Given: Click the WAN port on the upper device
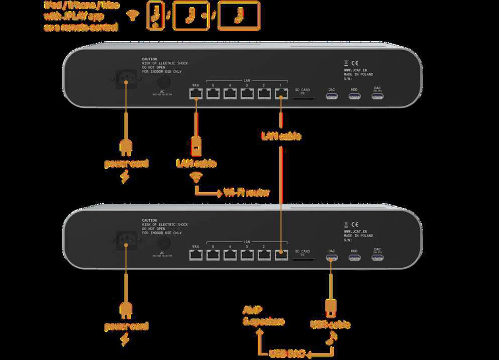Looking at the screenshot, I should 196,94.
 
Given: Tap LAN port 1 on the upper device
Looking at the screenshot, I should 281,94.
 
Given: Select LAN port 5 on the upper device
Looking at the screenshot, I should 213,94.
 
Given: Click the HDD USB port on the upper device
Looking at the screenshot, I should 354,96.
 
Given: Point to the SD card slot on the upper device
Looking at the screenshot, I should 303,98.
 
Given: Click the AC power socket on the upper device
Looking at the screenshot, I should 126,79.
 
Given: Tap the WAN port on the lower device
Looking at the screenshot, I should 196,255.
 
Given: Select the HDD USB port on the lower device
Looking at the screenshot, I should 354,258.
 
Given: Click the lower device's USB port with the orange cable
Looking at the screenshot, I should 331,258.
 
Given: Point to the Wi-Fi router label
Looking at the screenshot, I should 246,192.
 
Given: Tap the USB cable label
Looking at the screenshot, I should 330,324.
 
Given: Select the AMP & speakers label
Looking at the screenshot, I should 263,316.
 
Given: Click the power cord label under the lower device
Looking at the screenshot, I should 126,326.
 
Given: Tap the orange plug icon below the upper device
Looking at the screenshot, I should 126,148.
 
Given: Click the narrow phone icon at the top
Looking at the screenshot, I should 155,16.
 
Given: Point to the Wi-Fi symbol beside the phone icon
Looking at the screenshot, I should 133,15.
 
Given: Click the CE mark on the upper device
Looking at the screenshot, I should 355,63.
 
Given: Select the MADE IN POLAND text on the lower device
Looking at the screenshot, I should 358,236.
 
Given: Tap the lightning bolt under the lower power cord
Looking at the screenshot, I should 125,340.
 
